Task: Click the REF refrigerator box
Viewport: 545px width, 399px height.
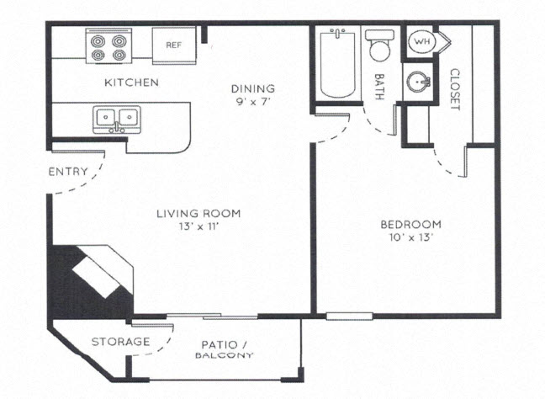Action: tap(174, 44)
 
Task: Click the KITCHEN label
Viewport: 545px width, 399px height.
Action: tap(130, 82)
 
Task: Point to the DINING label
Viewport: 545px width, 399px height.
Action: tap(253, 88)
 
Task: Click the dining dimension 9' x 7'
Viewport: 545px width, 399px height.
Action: tap(253, 101)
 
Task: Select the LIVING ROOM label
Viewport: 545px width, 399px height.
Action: tap(198, 214)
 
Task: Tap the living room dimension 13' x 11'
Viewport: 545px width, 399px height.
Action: tap(198, 227)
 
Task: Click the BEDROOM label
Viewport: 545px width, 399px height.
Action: tap(410, 224)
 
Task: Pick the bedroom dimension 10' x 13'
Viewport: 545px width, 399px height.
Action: tap(410, 237)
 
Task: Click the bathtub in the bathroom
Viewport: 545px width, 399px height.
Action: tap(337, 64)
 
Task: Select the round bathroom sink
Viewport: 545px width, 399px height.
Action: tap(418, 83)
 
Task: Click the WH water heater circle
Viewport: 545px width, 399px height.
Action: tap(420, 41)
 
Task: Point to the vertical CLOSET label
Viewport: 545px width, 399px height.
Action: tap(455, 89)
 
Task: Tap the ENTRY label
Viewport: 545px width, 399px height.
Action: tap(68, 172)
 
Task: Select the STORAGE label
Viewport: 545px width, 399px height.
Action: tap(120, 342)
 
